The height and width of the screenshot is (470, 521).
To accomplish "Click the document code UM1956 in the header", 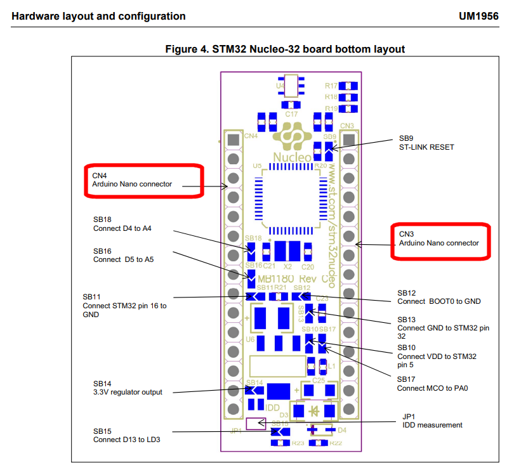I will pos(478,16).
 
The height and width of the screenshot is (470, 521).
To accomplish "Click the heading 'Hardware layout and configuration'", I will pos(99,16).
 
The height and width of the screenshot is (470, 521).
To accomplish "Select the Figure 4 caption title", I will pos(285,49).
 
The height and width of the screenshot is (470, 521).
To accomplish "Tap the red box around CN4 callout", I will pos(143,180).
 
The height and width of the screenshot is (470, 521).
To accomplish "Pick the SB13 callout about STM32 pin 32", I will pos(443,328).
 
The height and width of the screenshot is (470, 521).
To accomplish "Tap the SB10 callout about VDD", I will pos(437,356).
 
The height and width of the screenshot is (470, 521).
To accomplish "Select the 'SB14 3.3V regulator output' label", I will pos(128,388).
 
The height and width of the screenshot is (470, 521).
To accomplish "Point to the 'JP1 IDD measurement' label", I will pos(432,421).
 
